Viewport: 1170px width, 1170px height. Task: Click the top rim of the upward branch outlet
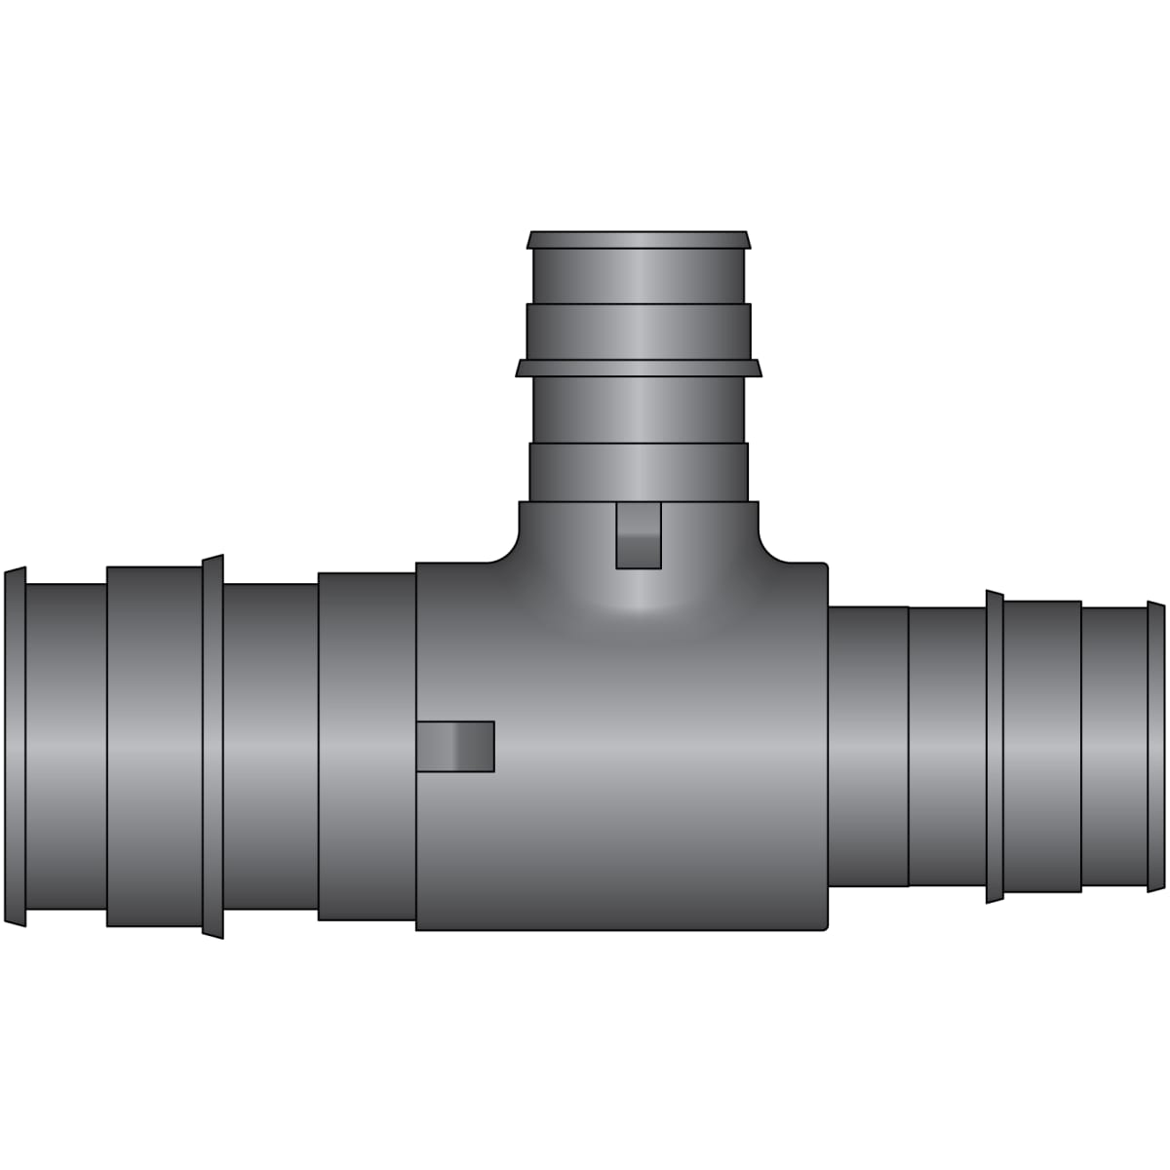coord(639,240)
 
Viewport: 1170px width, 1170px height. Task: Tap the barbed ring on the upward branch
coord(639,368)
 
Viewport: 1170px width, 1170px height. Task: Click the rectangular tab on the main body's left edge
coord(455,746)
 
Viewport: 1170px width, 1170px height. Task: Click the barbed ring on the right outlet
coord(994,746)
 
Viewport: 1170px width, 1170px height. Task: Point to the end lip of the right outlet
coord(1155,746)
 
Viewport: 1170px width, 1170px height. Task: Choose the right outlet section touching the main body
coord(868,746)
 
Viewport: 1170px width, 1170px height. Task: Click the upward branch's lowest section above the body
coord(639,473)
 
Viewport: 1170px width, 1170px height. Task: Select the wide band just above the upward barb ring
coord(639,331)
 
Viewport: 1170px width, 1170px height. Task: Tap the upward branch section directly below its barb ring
coord(639,409)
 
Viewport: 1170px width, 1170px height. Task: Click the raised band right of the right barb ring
coord(1042,746)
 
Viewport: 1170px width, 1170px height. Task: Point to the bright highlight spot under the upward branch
coord(639,600)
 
